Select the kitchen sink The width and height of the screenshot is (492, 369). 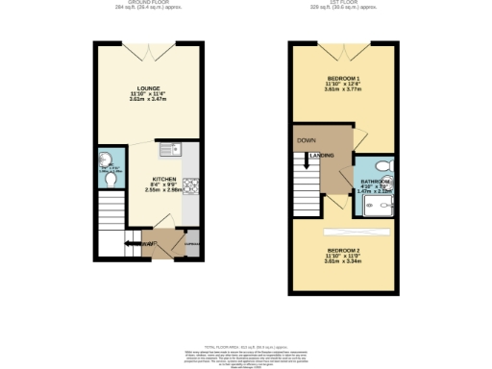[176, 149]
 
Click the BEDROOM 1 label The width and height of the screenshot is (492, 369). [343, 76]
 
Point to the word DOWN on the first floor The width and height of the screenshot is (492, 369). [306, 140]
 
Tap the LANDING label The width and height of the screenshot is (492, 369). [322, 155]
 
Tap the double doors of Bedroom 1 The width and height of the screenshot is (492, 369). [343, 47]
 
